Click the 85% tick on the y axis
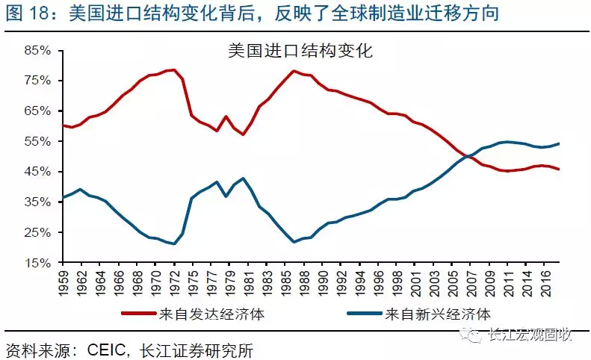37,50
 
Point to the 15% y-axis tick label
37,263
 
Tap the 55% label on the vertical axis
37,141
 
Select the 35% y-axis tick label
37,202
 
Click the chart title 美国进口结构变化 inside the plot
300,52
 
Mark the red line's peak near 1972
173,70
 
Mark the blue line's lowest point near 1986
294,241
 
